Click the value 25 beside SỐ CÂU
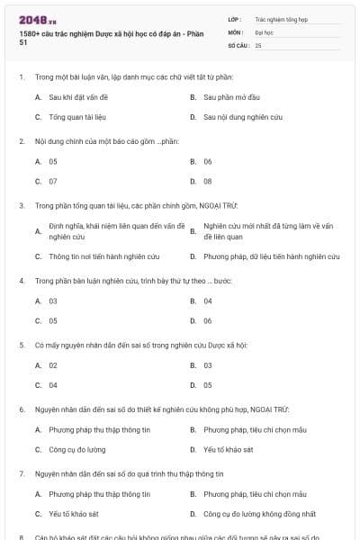point(258,44)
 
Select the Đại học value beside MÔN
point(261,31)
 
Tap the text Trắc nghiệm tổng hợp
point(281,18)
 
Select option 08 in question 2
point(208,181)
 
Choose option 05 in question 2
point(53,161)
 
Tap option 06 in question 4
point(208,320)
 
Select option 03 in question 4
point(53,301)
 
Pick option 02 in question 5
point(53,365)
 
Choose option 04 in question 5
point(53,385)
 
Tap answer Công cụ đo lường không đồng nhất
point(260,514)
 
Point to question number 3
point(21,205)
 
